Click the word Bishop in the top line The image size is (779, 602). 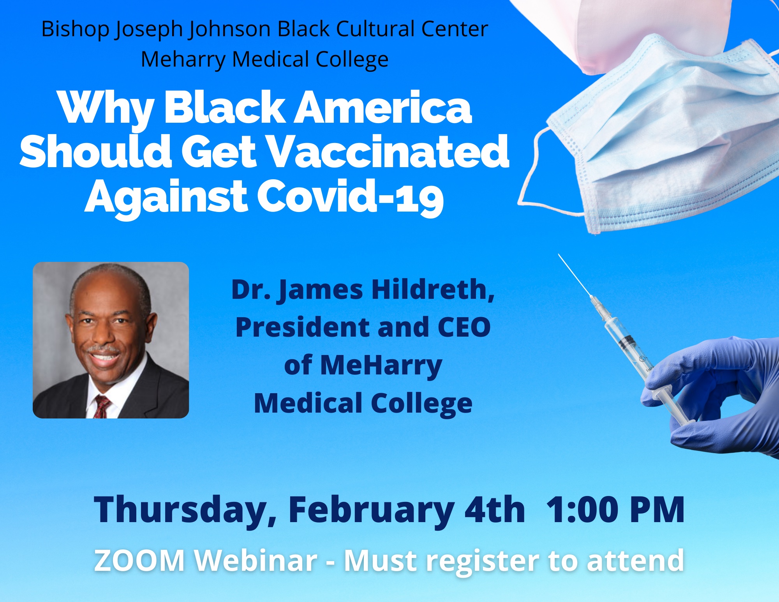click(76, 29)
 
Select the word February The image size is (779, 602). click(371, 511)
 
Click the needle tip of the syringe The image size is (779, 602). click(559, 254)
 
